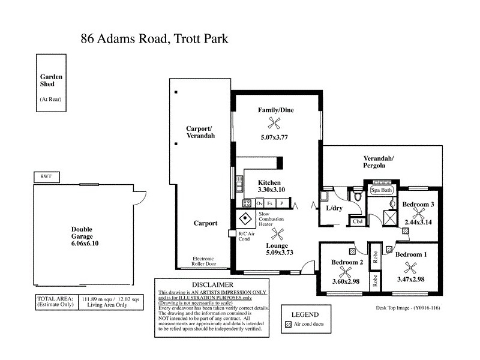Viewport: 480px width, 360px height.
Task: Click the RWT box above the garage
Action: tap(46, 178)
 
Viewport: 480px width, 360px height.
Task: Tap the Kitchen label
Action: tap(269, 182)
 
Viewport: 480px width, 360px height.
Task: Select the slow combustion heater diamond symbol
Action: tap(245, 218)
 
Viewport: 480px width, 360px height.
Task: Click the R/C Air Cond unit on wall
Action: tap(232, 233)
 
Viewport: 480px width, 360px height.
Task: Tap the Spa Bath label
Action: tap(382, 190)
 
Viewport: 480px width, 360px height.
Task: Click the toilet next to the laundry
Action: tap(358, 197)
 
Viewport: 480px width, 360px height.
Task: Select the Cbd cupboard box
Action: tap(357, 221)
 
